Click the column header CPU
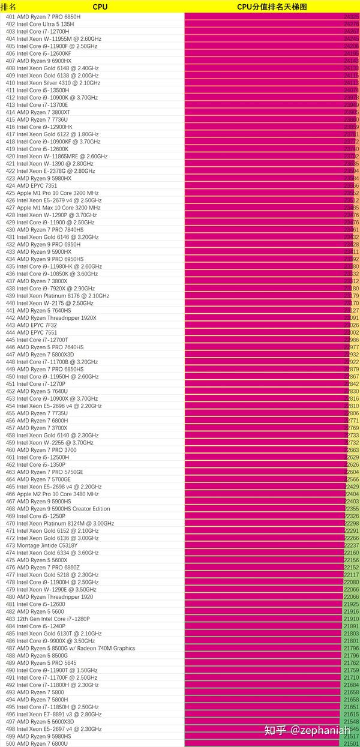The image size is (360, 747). coord(100,6)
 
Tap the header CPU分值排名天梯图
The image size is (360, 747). coord(272,6)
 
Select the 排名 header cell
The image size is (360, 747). coord(8,6)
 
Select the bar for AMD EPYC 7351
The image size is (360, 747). coord(264,186)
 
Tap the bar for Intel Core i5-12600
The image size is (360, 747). coord(263,604)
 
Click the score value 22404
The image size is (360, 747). coord(352,494)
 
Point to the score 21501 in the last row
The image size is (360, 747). coord(351,743)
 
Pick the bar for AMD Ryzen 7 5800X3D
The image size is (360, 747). coord(264,355)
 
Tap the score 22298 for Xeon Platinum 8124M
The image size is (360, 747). coord(352,523)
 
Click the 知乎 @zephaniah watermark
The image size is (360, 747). coord(307,730)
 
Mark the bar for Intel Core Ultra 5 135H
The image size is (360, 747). coord(264,24)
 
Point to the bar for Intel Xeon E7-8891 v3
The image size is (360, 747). coord(263,714)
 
